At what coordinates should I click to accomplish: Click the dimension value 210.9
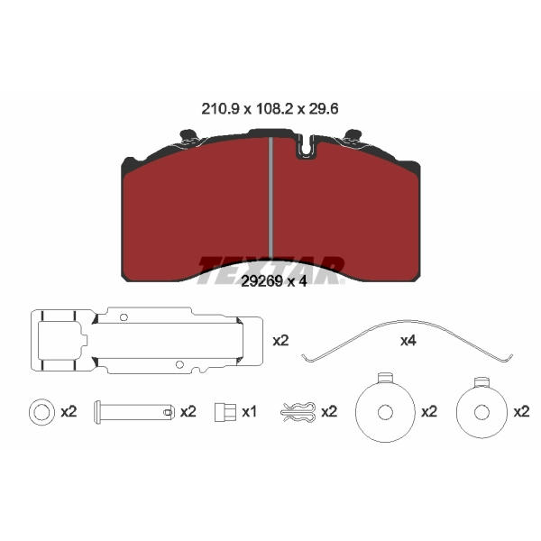coord(220,109)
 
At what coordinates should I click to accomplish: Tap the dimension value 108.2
coord(275,109)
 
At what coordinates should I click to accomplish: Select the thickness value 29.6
coord(324,109)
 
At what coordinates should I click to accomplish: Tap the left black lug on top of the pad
coord(188,135)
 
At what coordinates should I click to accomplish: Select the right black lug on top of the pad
coord(353,135)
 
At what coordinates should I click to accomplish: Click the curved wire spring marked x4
coord(408,322)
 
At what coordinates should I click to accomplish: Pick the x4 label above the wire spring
coord(408,341)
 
